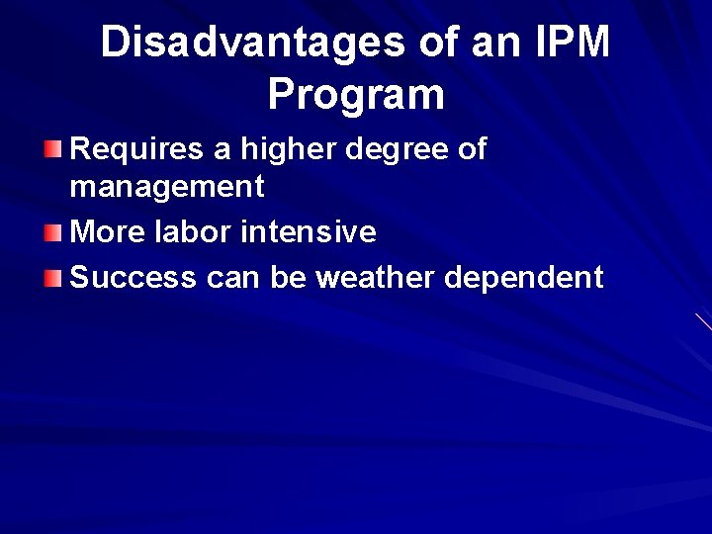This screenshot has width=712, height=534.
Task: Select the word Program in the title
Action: (356, 95)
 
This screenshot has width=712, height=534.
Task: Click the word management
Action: (167, 186)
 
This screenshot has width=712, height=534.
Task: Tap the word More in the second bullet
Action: (103, 232)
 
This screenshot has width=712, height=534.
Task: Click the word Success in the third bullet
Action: (133, 278)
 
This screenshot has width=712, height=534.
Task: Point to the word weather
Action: (375, 278)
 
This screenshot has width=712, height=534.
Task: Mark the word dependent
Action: (523, 278)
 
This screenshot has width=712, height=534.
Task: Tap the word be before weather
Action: (288, 278)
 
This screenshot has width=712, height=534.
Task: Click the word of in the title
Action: (427, 43)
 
